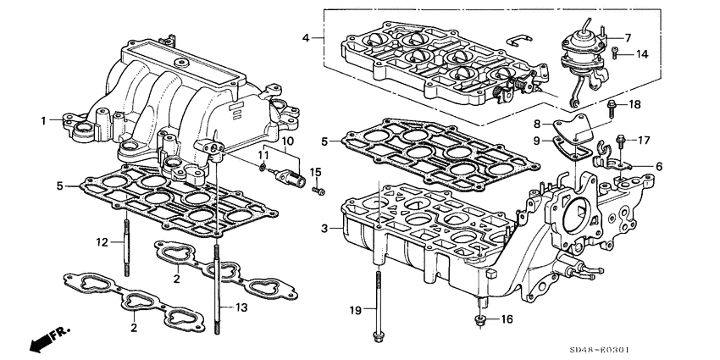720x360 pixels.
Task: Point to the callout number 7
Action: point(628,38)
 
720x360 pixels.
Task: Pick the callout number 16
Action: point(508,319)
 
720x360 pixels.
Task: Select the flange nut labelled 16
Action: point(481,319)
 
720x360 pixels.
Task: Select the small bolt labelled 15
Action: point(318,191)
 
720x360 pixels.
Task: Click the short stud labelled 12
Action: point(127,246)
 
